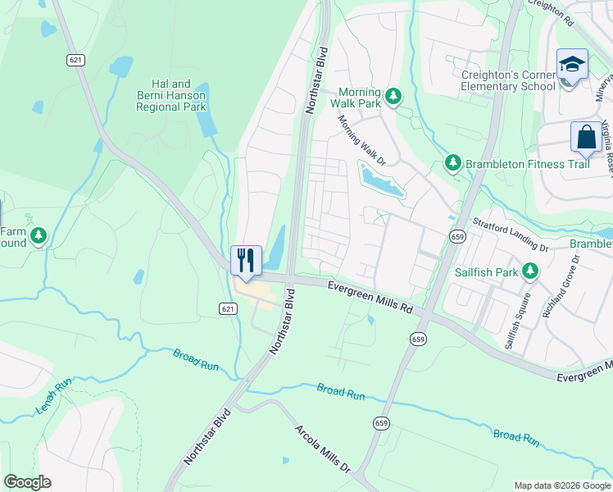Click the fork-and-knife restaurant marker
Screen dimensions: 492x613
[246, 261]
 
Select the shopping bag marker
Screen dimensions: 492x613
[587, 137]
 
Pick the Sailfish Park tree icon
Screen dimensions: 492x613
[530, 270]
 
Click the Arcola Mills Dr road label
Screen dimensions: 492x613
[322, 440]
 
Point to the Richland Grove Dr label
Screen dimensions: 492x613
[561, 286]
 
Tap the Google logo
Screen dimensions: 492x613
[27, 482]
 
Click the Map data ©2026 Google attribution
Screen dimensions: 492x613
[561, 485]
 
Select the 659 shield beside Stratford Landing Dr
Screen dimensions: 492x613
[457, 236]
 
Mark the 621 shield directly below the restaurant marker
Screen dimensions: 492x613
[229, 308]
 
